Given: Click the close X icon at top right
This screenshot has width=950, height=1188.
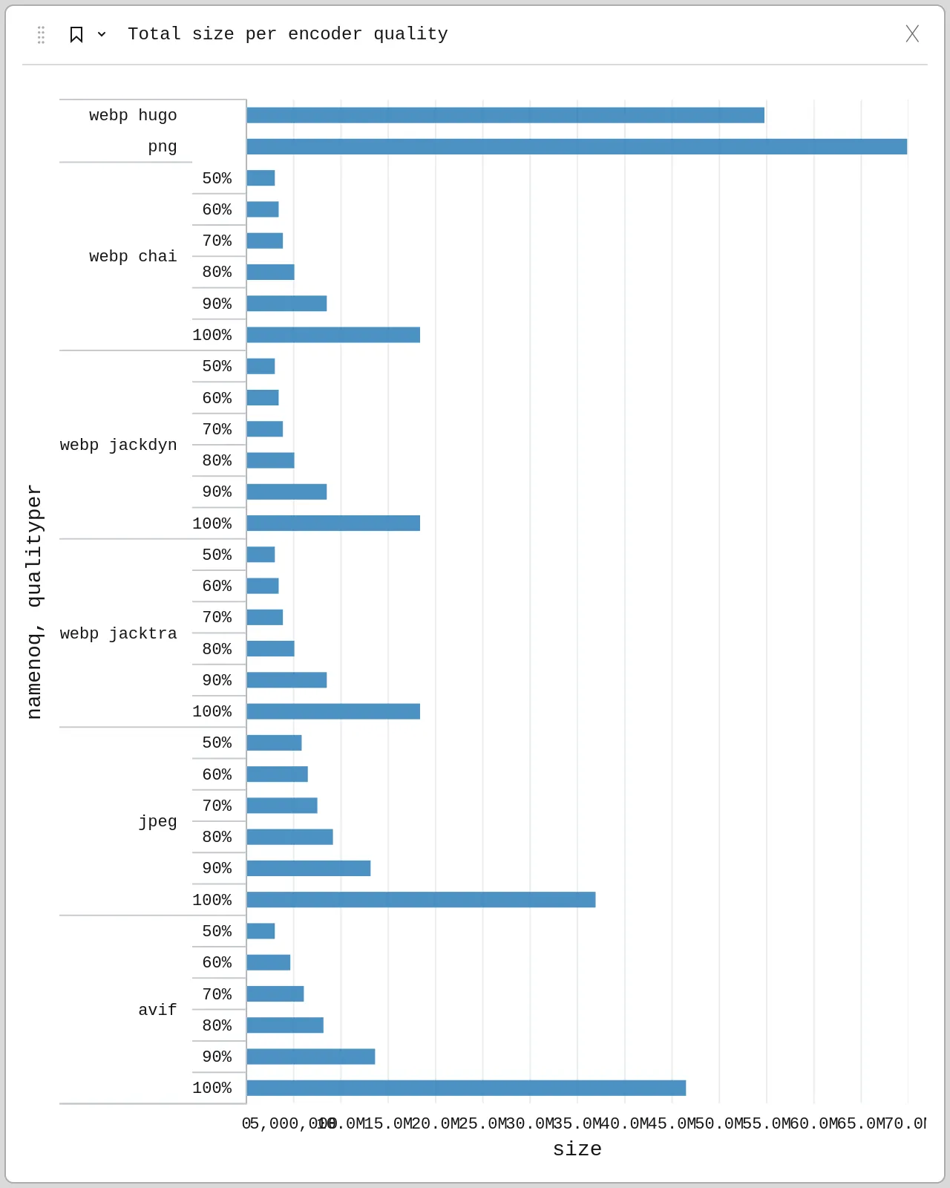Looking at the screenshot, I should tap(912, 33).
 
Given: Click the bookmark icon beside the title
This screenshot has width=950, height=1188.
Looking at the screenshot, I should tap(76, 34).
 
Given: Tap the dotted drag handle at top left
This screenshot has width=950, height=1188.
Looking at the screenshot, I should tap(41, 34).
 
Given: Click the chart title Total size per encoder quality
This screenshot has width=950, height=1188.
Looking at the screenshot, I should tap(287, 34).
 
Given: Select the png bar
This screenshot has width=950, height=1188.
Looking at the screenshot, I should tap(576, 146).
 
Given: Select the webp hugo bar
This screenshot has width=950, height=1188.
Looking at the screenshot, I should tap(505, 115).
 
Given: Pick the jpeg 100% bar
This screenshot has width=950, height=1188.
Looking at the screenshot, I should tap(421, 900).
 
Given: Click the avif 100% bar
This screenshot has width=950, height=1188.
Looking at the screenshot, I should tap(466, 1088).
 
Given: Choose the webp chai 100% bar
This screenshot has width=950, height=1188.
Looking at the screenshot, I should tap(333, 335).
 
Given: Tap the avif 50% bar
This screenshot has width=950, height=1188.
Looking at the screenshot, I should tap(261, 931).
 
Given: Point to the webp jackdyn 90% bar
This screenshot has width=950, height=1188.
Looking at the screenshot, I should tap(286, 492).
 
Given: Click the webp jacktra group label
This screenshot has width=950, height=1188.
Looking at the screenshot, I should tap(119, 633).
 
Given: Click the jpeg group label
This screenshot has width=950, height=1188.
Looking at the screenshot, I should tap(157, 821).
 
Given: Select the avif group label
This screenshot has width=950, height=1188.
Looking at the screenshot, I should tap(157, 1010).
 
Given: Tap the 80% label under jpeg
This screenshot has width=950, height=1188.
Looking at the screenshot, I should tap(217, 837).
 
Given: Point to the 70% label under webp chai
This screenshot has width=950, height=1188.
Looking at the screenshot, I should tap(217, 241).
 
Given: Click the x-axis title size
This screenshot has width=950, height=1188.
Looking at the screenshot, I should tap(577, 1149).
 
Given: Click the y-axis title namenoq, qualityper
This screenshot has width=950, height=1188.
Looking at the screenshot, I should tap(34, 601).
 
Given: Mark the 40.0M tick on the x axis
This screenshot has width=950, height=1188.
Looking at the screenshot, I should tap(624, 1123).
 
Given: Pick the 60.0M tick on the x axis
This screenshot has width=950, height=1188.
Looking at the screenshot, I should tap(813, 1123).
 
